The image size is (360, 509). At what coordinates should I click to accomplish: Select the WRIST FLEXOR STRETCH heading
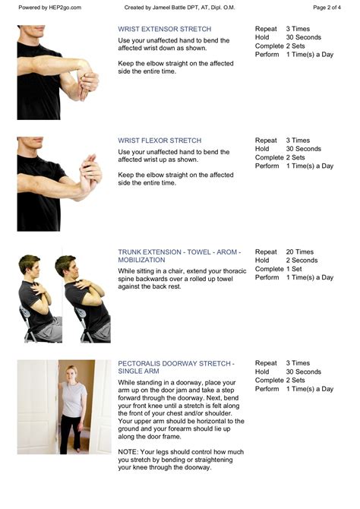159,141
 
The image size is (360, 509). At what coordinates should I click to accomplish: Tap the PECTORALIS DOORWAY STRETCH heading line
176,364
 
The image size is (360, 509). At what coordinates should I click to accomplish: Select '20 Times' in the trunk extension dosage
299,252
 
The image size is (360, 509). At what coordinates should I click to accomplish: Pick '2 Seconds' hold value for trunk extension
302,261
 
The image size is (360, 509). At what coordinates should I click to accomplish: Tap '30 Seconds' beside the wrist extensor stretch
304,38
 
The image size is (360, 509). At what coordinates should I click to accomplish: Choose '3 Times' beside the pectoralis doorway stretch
298,363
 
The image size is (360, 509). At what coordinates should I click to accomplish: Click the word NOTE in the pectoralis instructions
128,451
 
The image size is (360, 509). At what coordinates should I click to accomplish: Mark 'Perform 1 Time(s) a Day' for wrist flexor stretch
294,166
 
